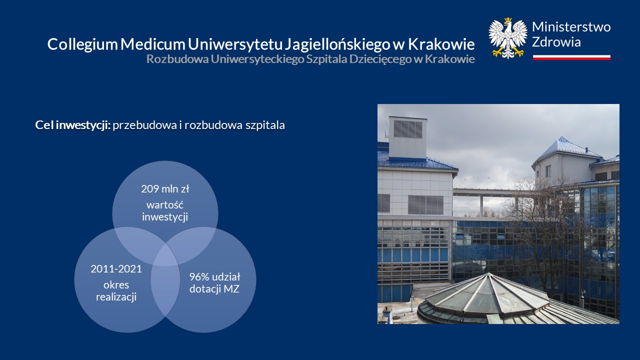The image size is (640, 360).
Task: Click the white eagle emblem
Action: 507,38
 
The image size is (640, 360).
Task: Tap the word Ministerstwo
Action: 571,27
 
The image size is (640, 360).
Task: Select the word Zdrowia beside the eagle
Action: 556,42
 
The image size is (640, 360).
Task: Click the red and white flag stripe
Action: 571,57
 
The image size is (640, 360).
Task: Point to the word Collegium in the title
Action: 82,44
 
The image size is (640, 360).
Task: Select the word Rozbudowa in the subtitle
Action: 177,59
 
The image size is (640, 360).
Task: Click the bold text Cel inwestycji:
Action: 72,125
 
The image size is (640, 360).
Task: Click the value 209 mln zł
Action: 165,189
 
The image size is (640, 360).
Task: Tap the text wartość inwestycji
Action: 165,211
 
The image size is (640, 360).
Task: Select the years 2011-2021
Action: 116,269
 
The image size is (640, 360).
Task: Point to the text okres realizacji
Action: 116,291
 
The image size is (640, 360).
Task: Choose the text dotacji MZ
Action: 214,289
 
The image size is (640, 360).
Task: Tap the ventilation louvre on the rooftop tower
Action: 408,129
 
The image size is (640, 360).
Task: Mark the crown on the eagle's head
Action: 507,19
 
